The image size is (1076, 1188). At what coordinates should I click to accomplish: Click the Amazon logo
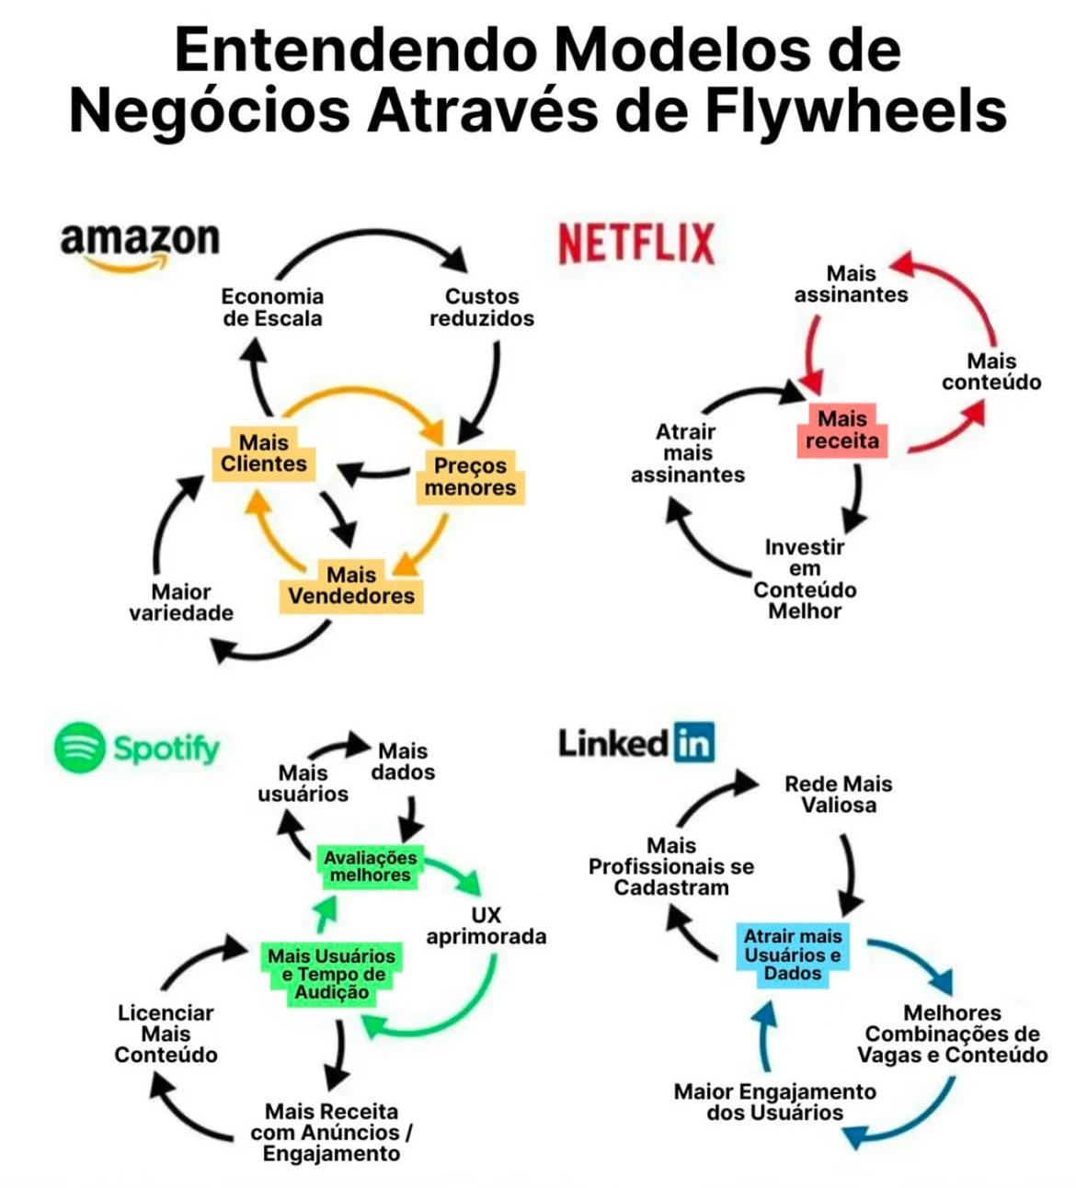(x=140, y=245)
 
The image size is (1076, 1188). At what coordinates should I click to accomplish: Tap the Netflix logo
(x=635, y=244)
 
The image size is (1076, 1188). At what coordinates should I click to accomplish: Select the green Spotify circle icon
(x=80, y=748)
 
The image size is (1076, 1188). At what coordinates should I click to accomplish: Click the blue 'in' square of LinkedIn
(x=693, y=743)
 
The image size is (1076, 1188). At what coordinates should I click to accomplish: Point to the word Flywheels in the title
(x=855, y=110)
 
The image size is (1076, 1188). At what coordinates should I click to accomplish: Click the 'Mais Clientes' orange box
(x=263, y=453)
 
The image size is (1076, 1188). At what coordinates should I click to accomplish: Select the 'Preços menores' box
(x=470, y=476)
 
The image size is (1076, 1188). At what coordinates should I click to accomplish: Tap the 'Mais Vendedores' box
(x=351, y=586)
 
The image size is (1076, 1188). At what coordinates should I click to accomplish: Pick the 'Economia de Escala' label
(x=272, y=307)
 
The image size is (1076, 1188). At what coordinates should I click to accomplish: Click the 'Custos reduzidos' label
(x=481, y=307)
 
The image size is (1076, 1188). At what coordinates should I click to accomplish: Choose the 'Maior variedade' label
(x=181, y=602)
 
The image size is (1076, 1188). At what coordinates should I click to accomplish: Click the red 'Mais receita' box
(x=841, y=430)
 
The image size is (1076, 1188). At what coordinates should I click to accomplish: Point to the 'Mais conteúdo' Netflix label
(x=991, y=371)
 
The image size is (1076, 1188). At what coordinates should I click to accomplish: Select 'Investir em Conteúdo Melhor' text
(x=805, y=578)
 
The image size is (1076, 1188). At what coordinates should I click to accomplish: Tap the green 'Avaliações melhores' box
(x=370, y=866)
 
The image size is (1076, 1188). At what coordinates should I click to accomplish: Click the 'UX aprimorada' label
(x=486, y=926)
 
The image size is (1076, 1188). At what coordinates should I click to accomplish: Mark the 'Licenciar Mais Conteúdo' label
(x=166, y=1034)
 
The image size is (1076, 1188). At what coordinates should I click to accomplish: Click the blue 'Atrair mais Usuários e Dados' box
(x=793, y=954)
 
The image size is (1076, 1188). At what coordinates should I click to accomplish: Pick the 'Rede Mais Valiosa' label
(x=838, y=794)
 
